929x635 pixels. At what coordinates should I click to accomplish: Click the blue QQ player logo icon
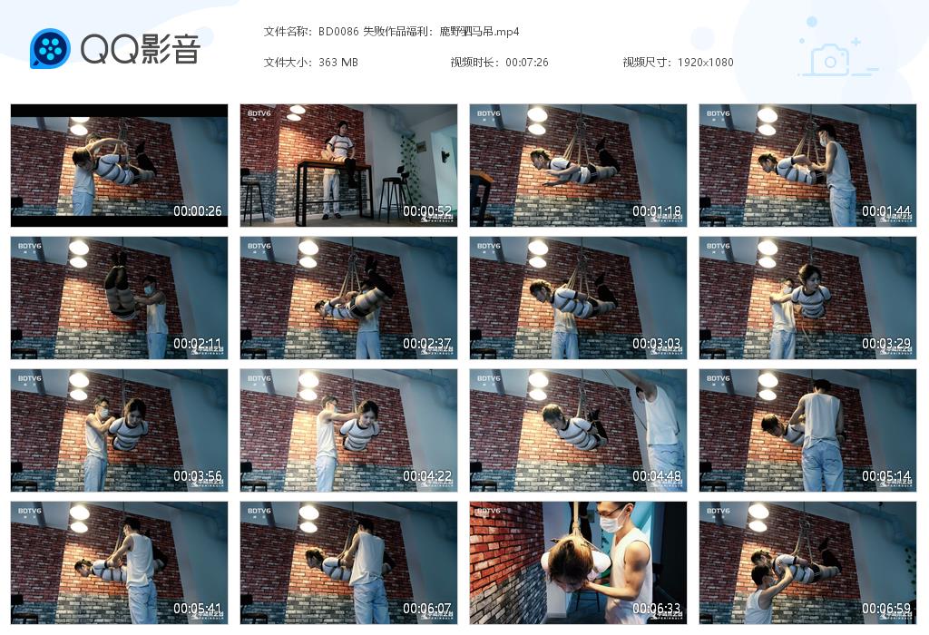click(x=50, y=49)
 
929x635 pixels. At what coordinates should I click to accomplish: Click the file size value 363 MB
click(x=338, y=63)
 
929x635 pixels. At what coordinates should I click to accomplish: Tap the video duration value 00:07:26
click(x=527, y=63)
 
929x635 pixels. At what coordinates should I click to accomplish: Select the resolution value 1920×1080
click(x=705, y=63)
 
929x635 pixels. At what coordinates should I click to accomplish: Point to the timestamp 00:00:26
click(x=198, y=211)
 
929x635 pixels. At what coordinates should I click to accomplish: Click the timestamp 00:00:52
click(x=427, y=211)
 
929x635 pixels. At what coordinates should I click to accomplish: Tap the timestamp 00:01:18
click(x=657, y=211)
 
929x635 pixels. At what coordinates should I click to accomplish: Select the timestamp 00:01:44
click(x=886, y=211)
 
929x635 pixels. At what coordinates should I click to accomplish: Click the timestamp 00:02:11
click(x=198, y=344)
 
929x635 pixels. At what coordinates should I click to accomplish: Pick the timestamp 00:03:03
click(x=657, y=344)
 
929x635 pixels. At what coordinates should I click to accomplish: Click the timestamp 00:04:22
click(x=427, y=476)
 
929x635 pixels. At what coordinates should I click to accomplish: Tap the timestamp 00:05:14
click(x=886, y=476)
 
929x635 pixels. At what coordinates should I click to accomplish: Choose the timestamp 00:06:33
click(x=657, y=609)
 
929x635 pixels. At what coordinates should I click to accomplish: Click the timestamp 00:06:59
click(x=886, y=609)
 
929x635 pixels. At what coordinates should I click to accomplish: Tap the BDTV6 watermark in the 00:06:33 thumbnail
click(x=488, y=512)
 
